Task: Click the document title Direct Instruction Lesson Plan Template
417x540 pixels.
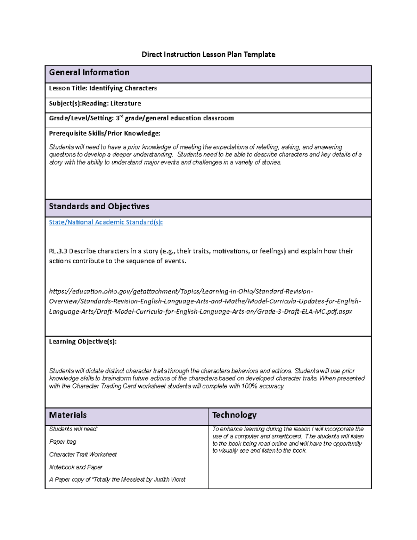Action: point(208,54)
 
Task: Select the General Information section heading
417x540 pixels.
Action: point(89,72)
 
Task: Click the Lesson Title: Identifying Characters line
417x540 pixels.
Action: point(103,88)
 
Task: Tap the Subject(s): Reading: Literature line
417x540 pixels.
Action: point(95,103)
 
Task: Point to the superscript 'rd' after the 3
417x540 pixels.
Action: point(122,116)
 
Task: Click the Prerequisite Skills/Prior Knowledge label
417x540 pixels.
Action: point(105,133)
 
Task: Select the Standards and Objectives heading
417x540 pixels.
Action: point(99,206)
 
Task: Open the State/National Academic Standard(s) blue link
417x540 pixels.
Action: point(106,222)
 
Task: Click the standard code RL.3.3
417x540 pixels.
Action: point(58,251)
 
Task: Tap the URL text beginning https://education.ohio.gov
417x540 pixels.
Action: point(181,291)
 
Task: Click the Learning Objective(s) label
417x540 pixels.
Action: point(83,341)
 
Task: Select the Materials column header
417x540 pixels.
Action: point(68,415)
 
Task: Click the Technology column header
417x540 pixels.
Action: point(234,415)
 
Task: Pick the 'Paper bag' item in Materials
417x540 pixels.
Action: point(63,442)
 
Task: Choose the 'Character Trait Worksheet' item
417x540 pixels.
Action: point(83,454)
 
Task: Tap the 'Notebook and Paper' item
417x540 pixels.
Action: point(76,467)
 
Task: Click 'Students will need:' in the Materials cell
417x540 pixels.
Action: point(73,429)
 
